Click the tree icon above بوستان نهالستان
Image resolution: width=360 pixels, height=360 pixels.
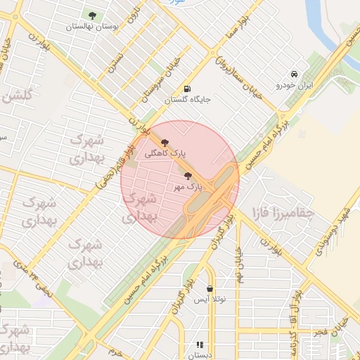pyautogui.click(x=92, y=14)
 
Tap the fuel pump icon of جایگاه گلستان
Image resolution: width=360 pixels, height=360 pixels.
pyautogui.click(x=187, y=89)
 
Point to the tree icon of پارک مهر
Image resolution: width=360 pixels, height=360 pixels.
pyautogui.click(x=188, y=176)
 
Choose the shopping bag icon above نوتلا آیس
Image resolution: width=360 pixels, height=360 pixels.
pyautogui.click(x=210, y=288)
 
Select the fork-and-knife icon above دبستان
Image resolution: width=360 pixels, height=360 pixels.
pyautogui.click(x=200, y=345)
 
